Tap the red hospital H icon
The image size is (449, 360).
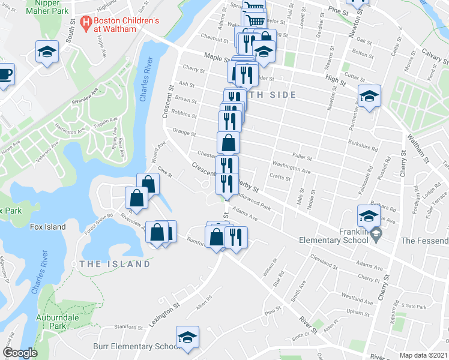pos(86,25)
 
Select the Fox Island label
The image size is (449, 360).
pos(48,227)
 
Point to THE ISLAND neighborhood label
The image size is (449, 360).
pos(115,264)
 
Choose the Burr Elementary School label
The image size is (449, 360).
pos(136,346)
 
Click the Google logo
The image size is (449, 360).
pos(20,353)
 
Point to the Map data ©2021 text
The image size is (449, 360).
pos(423,355)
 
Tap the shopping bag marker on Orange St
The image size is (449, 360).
pos(229,143)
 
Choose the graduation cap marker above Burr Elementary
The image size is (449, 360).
pos(187,337)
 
